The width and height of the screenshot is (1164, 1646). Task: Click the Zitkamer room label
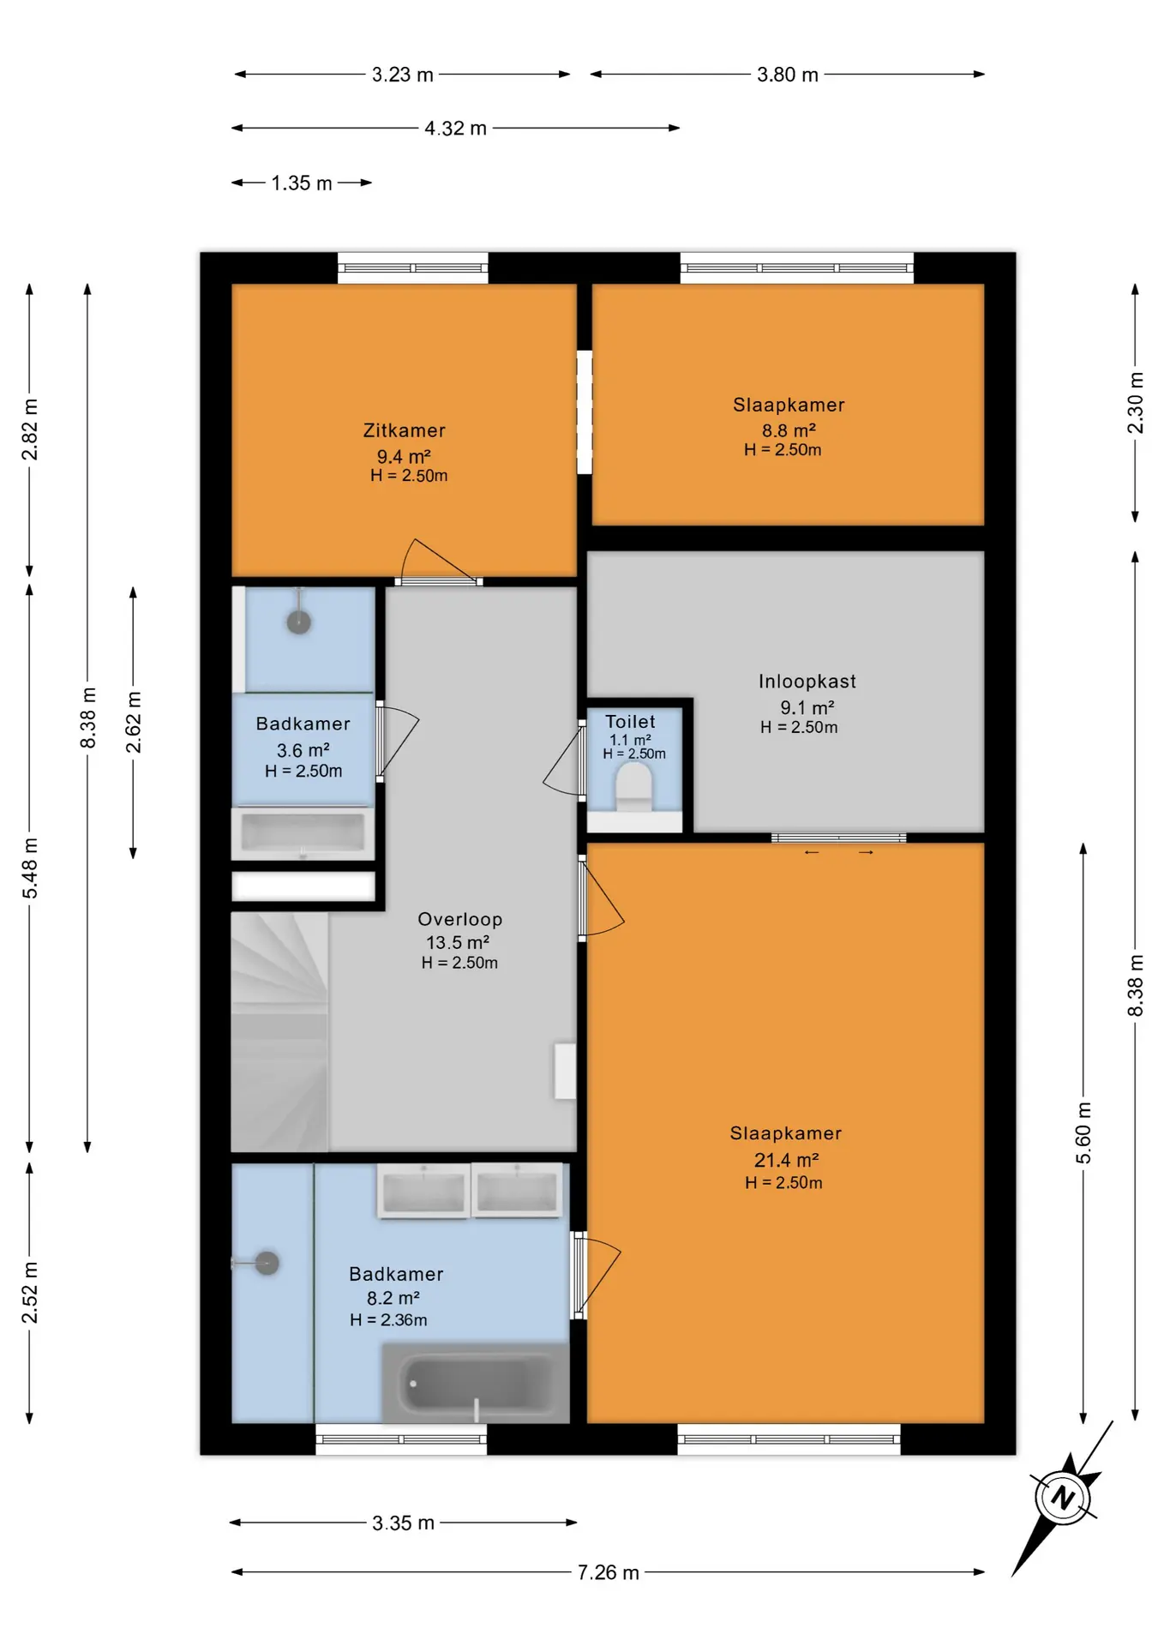point(404,430)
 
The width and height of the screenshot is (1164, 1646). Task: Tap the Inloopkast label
point(807,682)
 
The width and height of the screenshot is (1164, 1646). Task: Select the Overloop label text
point(459,919)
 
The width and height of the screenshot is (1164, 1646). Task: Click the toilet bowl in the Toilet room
point(634,787)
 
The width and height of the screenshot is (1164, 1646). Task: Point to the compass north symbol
point(1063,1498)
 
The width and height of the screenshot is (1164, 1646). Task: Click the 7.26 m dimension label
point(608,1572)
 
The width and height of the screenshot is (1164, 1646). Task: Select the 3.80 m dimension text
point(787,75)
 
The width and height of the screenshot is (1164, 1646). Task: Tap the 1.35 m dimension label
point(302,183)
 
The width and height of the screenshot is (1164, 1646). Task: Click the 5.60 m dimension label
point(1083,1132)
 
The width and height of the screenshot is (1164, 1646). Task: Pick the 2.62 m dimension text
point(134,722)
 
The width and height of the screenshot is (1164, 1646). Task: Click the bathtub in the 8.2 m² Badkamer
point(475,1383)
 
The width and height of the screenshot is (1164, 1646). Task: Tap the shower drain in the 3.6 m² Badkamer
point(298,622)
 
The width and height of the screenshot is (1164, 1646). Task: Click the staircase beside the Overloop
point(279,1030)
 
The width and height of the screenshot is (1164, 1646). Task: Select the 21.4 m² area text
point(786,1160)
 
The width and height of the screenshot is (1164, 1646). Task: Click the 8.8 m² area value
point(789,430)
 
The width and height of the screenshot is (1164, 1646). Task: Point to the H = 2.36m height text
point(388,1320)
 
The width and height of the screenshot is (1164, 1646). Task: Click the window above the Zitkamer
point(412,267)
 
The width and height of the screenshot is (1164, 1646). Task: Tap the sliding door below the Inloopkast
point(838,838)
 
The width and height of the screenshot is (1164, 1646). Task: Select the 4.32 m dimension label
point(455,129)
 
